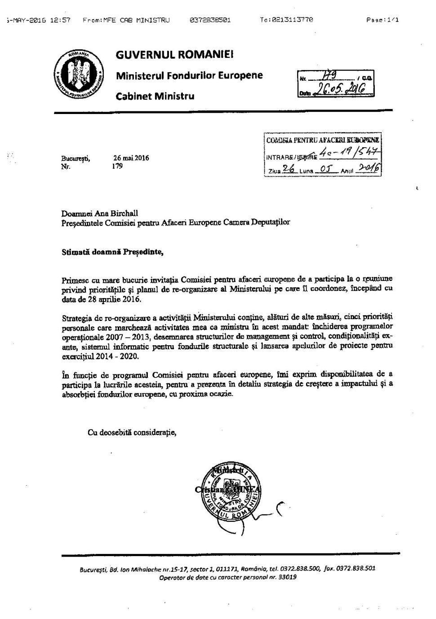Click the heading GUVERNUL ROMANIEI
click(174, 55)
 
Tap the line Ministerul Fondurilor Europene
click(189, 75)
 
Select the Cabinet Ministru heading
click(155, 96)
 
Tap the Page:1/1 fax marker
click(382, 20)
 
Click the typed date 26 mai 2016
click(131, 158)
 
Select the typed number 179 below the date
click(117, 166)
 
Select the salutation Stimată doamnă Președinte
click(112, 252)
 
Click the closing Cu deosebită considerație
click(132, 432)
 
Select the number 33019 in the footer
click(286, 577)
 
